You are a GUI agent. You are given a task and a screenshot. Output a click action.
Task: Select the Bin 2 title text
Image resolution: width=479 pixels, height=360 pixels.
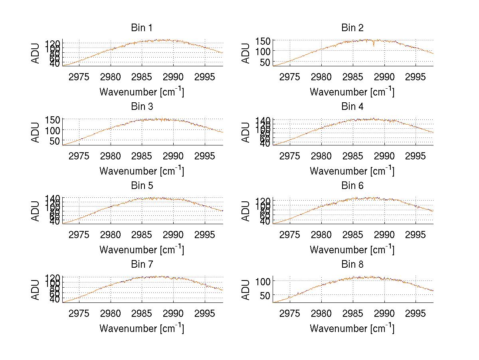(352, 28)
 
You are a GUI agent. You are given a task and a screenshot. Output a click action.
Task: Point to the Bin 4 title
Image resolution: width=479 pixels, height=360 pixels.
(352, 107)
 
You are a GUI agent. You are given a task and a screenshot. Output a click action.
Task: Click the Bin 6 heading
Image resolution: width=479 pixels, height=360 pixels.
(352, 186)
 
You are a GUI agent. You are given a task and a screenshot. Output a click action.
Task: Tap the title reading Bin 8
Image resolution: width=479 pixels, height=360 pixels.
(352, 265)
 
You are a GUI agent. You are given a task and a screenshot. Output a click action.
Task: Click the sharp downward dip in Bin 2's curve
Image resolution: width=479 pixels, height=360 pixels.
(374, 45)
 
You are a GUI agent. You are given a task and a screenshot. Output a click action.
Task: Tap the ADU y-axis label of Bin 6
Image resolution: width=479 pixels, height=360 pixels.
(246, 211)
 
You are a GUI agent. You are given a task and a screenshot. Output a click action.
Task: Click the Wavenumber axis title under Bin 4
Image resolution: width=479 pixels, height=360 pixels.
(352, 171)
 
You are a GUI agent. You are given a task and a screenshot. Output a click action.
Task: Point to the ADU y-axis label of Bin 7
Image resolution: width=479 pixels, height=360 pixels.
(36, 290)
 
